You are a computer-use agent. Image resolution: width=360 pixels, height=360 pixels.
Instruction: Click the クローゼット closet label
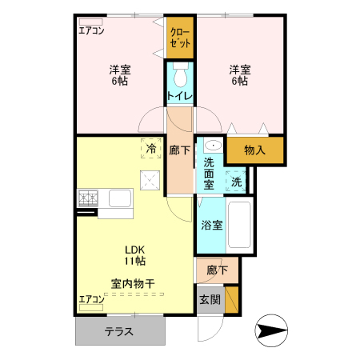pyautogui.click(x=180, y=38)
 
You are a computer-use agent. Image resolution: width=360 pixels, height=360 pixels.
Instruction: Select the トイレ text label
pyautogui.click(x=180, y=97)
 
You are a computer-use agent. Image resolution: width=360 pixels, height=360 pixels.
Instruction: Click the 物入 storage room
pyautogui.click(x=255, y=150)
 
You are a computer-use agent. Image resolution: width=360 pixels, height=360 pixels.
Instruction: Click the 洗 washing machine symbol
pyautogui.click(x=236, y=182)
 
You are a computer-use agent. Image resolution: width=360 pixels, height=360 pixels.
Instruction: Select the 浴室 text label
pyautogui.click(x=212, y=225)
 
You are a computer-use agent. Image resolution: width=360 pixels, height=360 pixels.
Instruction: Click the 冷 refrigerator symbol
pyautogui.click(x=151, y=148)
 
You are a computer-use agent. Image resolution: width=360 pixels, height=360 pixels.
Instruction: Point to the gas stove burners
pyautogui.click(x=87, y=196)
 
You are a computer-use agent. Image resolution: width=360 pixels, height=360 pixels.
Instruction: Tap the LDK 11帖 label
pyautogui.click(x=134, y=254)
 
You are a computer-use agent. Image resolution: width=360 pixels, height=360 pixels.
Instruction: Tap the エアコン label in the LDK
pyautogui.click(x=91, y=300)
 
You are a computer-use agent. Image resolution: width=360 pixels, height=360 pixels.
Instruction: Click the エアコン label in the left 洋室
pyautogui.click(x=91, y=31)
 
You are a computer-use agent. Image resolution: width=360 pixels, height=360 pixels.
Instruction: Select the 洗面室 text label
pyautogui.click(x=209, y=174)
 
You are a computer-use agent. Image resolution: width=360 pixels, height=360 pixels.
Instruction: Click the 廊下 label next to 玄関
pyautogui.click(x=217, y=270)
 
